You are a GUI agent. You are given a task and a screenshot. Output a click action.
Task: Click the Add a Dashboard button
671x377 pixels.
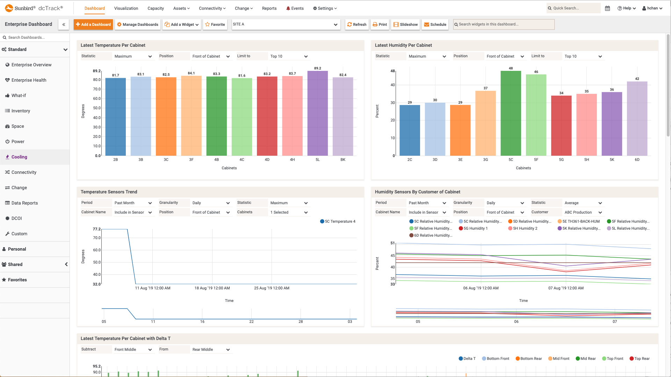(93, 24)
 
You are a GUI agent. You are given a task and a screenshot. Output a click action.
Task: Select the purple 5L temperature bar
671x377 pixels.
(317, 113)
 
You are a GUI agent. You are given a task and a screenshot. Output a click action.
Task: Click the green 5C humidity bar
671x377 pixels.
(511, 113)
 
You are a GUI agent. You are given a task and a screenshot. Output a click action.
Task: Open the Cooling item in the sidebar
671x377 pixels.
(19, 157)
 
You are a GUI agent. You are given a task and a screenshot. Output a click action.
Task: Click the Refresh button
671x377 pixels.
(357, 24)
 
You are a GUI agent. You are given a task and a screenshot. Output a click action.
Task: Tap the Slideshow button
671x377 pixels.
(405, 24)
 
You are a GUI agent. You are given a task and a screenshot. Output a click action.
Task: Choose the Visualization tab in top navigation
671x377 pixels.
(126, 8)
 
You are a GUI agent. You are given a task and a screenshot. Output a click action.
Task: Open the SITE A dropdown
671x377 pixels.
(286, 24)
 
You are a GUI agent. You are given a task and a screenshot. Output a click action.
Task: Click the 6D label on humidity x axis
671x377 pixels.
(637, 160)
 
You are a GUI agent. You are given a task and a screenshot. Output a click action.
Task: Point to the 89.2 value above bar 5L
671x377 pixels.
(317, 68)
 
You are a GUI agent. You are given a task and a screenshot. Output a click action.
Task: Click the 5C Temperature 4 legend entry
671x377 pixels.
(338, 221)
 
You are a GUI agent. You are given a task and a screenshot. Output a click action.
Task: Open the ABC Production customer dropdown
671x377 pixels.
(583, 212)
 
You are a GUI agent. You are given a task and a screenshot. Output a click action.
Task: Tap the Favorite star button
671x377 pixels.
(215, 24)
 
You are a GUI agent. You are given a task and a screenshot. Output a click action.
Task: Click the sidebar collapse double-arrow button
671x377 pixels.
(64, 24)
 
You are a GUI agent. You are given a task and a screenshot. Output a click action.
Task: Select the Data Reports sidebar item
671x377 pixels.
(24, 203)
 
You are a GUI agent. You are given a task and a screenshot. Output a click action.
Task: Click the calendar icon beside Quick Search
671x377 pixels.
(607, 8)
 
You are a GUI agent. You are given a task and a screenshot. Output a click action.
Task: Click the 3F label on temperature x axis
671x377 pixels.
(191, 160)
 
